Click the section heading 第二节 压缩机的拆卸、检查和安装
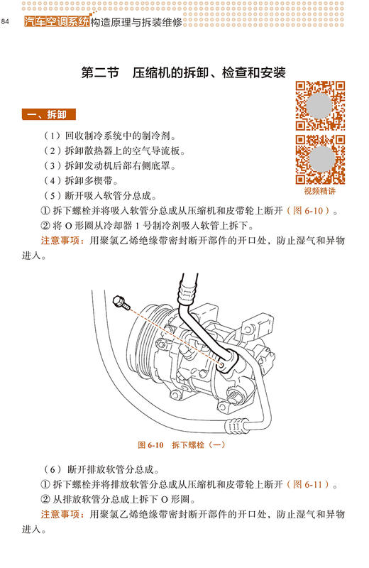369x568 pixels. (x=183, y=73)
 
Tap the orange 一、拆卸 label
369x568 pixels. (x=50, y=114)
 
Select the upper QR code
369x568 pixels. (x=320, y=105)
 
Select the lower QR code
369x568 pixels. (x=320, y=159)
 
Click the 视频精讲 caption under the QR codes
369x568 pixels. (x=320, y=191)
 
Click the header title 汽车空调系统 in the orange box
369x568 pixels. (x=56, y=21)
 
